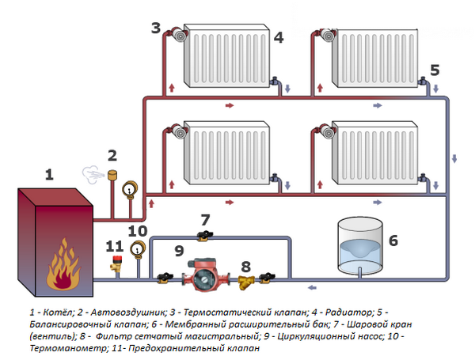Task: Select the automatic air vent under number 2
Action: click(x=113, y=175)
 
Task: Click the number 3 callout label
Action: click(x=156, y=28)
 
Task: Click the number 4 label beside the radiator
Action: click(x=278, y=36)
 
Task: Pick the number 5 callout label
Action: click(x=435, y=70)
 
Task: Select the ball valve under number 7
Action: click(x=204, y=235)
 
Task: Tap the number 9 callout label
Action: click(x=179, y=251)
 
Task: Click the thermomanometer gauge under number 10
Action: click(x=138, y=250)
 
